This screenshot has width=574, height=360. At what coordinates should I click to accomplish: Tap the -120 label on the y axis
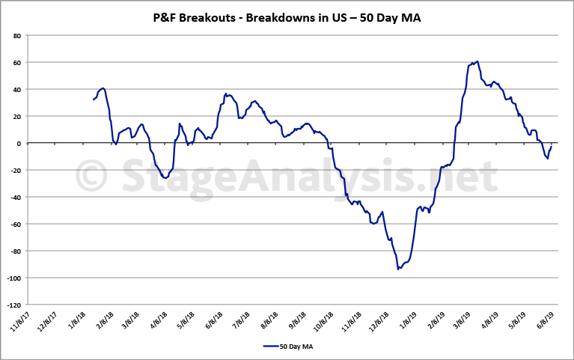click(13, 305)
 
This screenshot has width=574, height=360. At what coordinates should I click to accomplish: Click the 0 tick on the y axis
click(19, 143)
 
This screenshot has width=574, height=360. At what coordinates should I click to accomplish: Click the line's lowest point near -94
click(398, 269)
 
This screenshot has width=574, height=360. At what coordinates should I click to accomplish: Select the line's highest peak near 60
click(477, 61)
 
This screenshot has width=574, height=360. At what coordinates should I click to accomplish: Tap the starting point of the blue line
click(94, 100)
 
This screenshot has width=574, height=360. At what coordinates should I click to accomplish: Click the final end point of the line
click(552, 143)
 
